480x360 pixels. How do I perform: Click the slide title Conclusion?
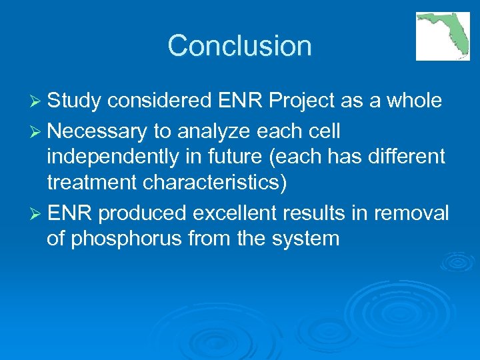tap(240, 46)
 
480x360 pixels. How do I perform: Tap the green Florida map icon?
tap(442, 35)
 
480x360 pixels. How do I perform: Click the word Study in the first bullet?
tap(74, 101)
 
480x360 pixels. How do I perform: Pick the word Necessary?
tap(97, 131)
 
